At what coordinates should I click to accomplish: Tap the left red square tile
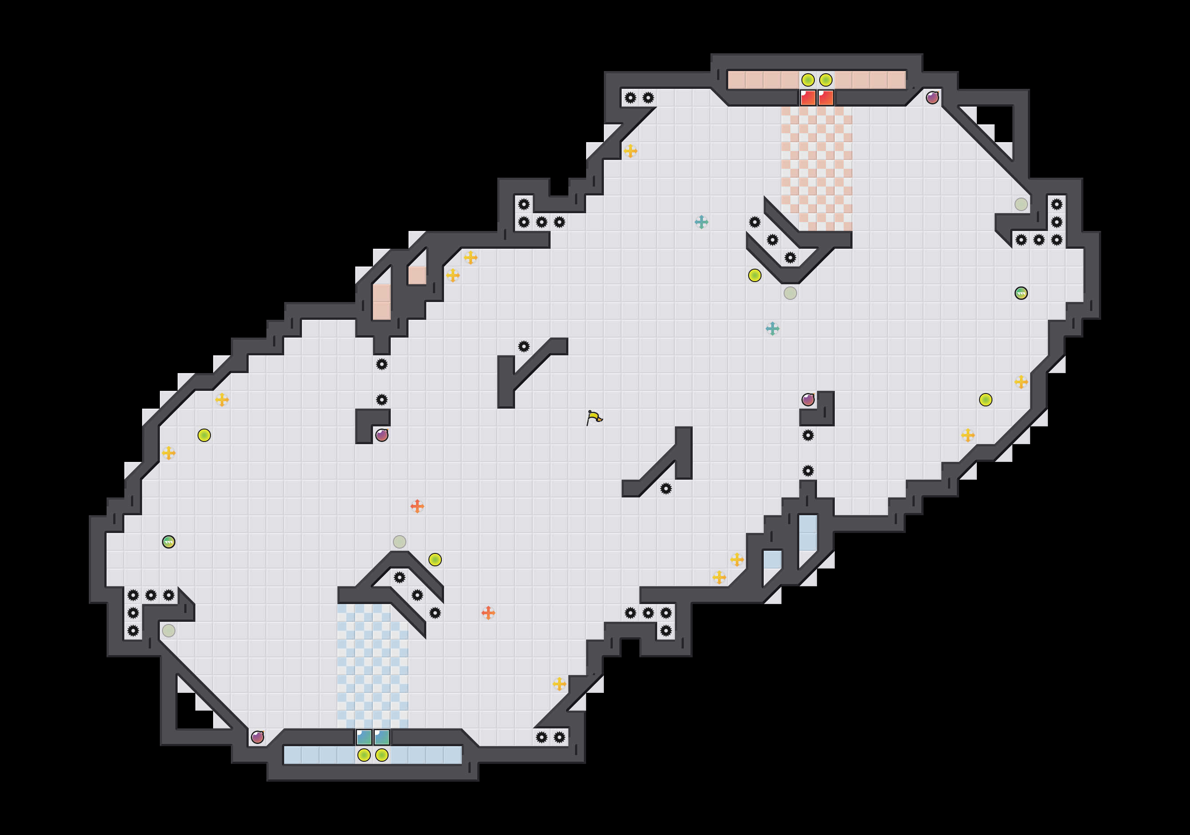(808, 97)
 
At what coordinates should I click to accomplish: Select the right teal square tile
(382, 736)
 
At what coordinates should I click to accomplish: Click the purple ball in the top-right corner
(932, 97)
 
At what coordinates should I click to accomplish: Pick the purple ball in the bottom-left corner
(257, 736)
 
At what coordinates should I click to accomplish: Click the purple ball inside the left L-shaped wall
(381, 435)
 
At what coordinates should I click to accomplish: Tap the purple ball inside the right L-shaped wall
(808, 400)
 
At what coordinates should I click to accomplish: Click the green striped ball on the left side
(168, 541)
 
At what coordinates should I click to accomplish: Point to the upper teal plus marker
(701, 222)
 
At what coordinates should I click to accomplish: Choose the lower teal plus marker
(772, 329)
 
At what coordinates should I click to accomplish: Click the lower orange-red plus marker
(488, 612)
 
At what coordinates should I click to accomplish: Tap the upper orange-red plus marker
(416, 506)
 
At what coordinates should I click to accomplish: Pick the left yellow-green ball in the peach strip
(808, 80)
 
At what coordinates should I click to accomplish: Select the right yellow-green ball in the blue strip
(382, 755)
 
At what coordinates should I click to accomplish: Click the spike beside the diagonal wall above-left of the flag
(524, 346)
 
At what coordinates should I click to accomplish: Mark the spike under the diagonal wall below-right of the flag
(666, 488)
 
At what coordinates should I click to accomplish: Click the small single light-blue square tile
(772, 559)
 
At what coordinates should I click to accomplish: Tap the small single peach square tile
(416, 275)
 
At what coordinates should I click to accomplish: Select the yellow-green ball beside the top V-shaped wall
(754, 275)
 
